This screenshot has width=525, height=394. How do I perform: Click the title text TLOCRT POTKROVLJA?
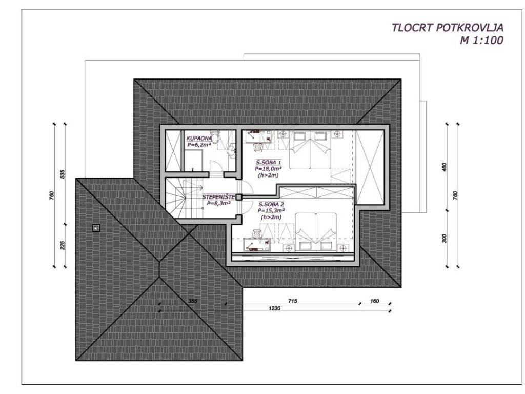tap(447, 28)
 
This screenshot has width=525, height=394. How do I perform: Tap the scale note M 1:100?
tap(481, 41)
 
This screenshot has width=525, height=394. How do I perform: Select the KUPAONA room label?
tap(199, 139)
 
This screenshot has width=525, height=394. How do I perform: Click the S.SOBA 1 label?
tap(268, 163)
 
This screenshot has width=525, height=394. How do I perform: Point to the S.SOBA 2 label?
tap(272, 204)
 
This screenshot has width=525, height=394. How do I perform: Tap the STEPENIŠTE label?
tap(218, 198)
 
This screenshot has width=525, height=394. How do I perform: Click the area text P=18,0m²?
tap(268, 168)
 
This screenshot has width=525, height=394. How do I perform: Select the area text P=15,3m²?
tap(271, 211)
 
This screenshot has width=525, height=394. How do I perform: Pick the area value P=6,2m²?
tap(199, 145)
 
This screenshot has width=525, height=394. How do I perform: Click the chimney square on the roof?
tap(96, 228)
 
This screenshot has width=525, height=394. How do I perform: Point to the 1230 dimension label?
tap(275, 308)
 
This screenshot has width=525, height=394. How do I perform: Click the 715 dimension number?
tap(293, 301)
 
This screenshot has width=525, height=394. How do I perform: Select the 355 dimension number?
tap(193, 301)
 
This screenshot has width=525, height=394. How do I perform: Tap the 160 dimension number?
tap(375, 301)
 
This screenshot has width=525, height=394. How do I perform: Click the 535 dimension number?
tap(62, 174)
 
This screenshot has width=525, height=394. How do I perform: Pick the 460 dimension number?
tap(445, 167)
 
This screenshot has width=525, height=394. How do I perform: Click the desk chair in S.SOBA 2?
tap(256, 233)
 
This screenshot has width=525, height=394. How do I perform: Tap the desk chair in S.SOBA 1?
tap(258, 147)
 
